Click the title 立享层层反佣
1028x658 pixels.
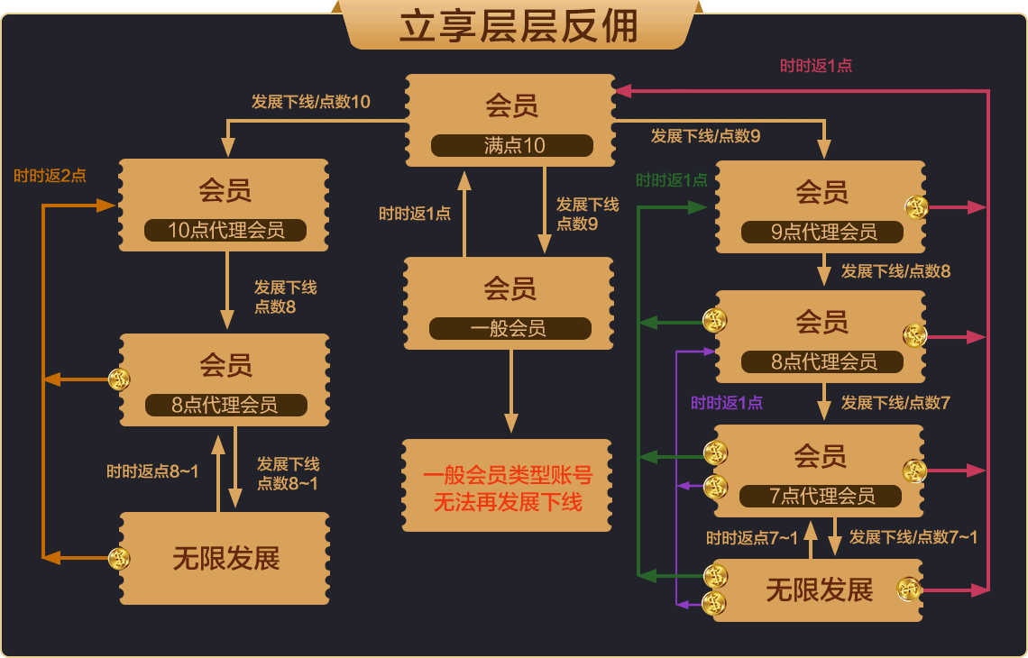pyautogui.click(x=519, y=26)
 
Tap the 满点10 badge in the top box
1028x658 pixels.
pyautogui.click(x=512, y=146)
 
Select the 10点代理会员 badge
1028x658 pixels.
pyautogui.click(x=225, y=231)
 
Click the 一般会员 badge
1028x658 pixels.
pyautogui.click(x=509, y=329)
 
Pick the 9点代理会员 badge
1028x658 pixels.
pyautogui.click(x=822, y=233)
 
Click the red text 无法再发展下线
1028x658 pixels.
pyautogui.click(x=508, y=503)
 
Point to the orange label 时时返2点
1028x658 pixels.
pyautogui.click(x=50, y=176)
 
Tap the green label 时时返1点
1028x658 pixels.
pyautogui.click(x=672, y=180)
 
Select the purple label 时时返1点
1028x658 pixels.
pyautogui.click(x=727, y=403)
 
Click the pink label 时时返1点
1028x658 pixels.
pyautogui.click(x=816, y=66)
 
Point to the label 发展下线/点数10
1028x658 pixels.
pyautogui.click(x=310, y=102)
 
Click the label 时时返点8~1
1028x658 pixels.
pyautogui.click(x=152, y=471)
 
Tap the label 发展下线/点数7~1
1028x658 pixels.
pyautogui.click(x=913, y=537)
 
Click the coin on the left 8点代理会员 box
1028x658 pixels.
pyautogui.click(x=119, y=379)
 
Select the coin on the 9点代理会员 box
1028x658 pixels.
pyautogui.click(x=916, y=207)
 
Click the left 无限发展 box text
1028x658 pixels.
pyautogui.click(x=225, y=559)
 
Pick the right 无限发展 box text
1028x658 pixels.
pyautogui.click(x=819, y=590)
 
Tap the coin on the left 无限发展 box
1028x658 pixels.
pyautogui.click(x=119, y=559)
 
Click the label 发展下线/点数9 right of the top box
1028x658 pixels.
pyautogui.click(x=705, y=136)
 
